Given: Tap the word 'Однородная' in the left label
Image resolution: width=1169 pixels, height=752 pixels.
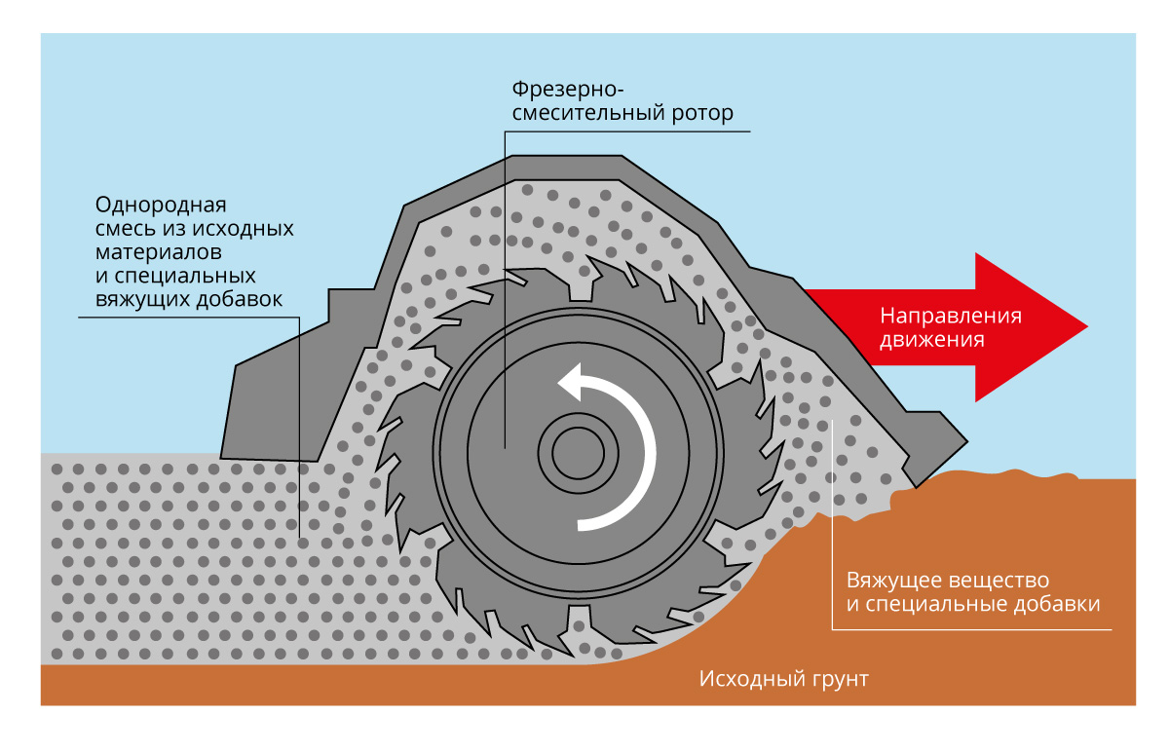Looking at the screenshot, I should pos(161,206).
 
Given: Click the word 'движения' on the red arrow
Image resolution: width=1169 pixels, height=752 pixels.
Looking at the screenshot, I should pos(932,340).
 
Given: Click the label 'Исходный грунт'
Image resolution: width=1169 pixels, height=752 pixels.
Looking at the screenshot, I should pos(783,678).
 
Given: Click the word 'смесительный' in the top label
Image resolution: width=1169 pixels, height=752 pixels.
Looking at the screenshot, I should pos(587,115).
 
